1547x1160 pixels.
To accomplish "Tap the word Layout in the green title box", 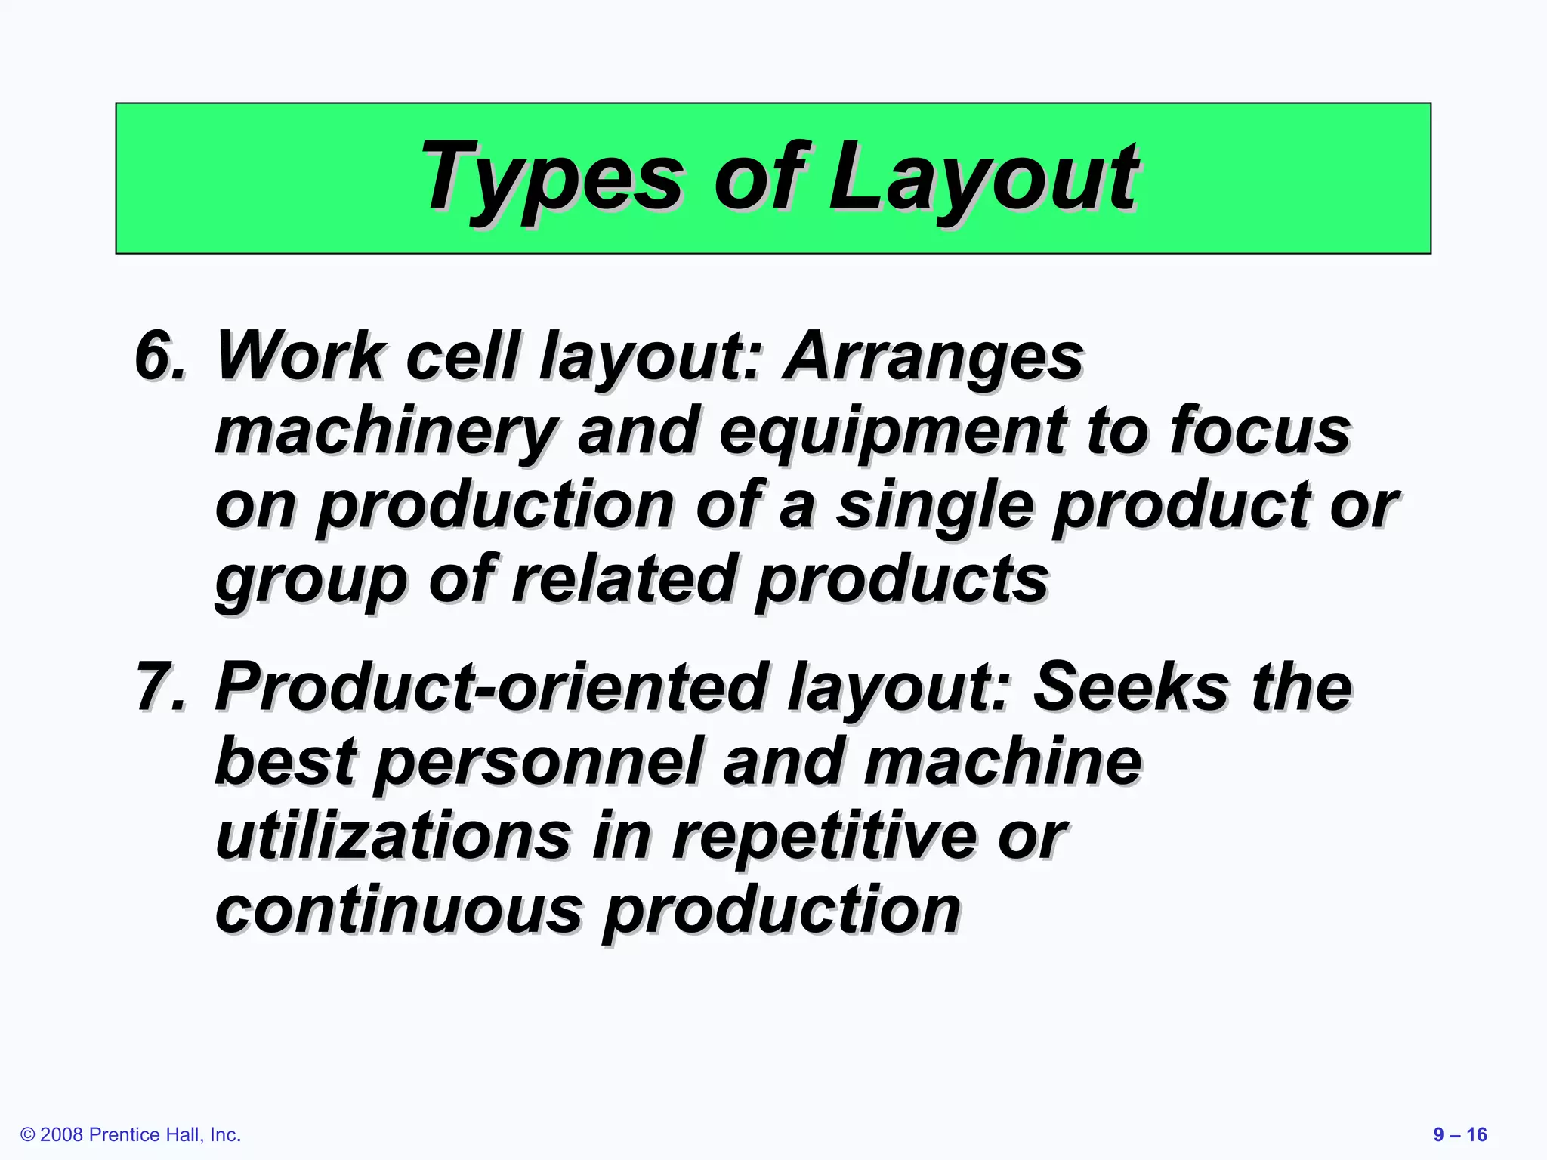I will [982, 178].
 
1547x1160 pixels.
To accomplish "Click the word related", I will [624, 580].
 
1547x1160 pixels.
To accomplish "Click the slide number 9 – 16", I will [1459, 1134].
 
